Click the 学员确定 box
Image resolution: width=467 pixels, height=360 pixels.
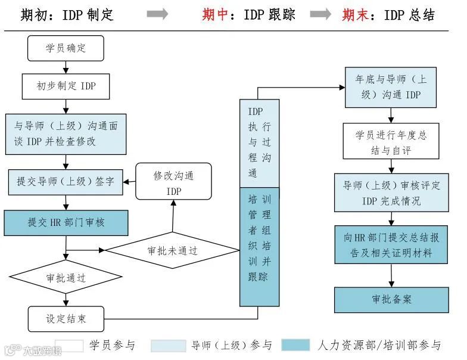point(66,48)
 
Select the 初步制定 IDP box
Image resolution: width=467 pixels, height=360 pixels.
point(66,86)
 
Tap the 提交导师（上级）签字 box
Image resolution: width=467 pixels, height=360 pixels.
point(66,182)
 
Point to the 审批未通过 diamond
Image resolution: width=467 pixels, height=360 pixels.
point(172,250)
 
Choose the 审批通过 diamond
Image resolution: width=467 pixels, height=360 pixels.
point(66,278)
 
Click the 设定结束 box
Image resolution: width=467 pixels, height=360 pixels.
point(66,319)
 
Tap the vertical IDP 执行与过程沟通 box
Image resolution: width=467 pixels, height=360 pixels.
point(259,143)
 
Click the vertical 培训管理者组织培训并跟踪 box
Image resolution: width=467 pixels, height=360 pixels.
point(259,246)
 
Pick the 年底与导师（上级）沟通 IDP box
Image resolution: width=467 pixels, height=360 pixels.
point(391,87)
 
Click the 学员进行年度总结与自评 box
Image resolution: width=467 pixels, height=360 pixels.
point(391,142)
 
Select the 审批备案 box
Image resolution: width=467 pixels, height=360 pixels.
point(391,299)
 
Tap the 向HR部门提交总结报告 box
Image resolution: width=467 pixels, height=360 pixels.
point(391,245)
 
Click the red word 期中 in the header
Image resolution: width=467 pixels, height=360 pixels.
point(215,14)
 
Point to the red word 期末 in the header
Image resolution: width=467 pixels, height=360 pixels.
point(355,14)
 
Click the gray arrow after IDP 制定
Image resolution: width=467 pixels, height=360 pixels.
point(157,14)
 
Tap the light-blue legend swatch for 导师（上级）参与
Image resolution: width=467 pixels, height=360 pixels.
point(169,346)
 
